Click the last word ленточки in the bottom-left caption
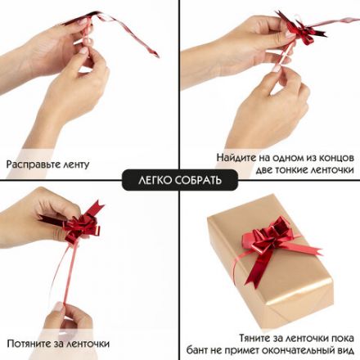pos(83,343)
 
